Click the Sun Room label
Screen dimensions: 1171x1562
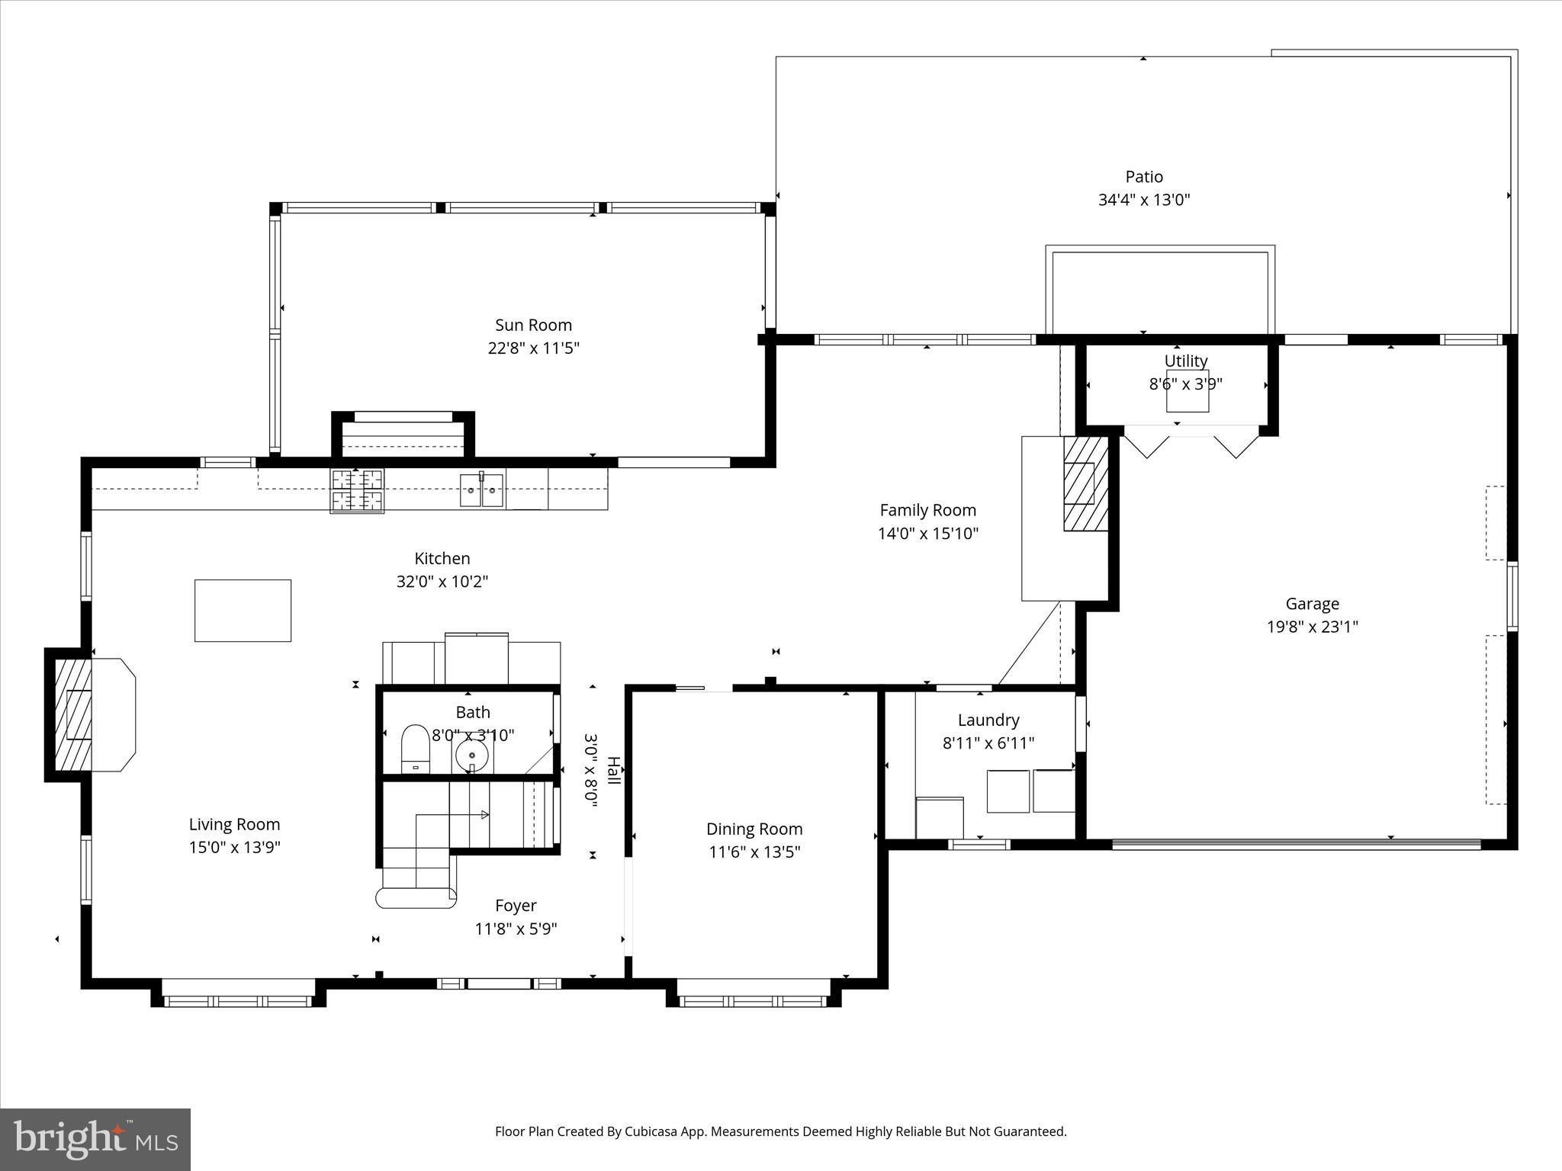point(533,325)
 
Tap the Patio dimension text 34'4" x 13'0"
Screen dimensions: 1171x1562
point(1143,200)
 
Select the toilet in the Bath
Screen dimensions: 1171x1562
point(416,748)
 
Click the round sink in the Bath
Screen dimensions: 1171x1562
point(471,756)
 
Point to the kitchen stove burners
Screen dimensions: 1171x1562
point(357,490)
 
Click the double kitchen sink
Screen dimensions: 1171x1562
point(481,489)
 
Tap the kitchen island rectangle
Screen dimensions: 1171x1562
point(243,610)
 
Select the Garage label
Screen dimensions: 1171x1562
point(1312,604)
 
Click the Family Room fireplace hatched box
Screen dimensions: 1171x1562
point(1085,483)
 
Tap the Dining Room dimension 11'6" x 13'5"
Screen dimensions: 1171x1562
point(754,852)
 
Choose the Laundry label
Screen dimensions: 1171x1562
point(988,720)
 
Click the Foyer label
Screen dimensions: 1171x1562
point(516,905)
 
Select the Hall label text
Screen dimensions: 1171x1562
point(613,770)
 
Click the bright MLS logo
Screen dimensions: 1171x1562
point(95,1139)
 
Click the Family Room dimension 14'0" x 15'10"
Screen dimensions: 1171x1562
point(927,533)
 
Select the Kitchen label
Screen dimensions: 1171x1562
point(442,558)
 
